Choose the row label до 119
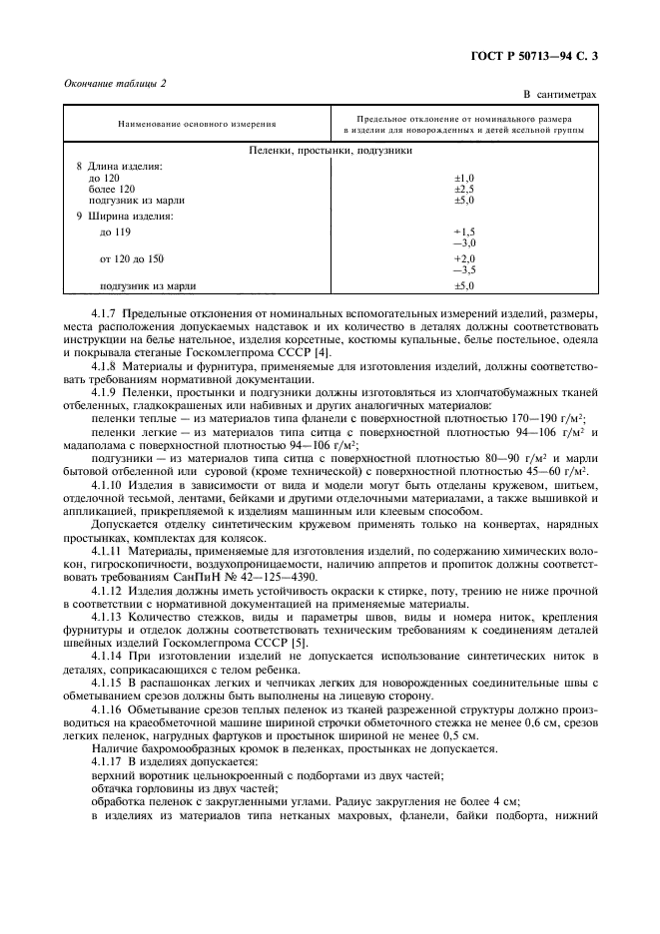(116, 232)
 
